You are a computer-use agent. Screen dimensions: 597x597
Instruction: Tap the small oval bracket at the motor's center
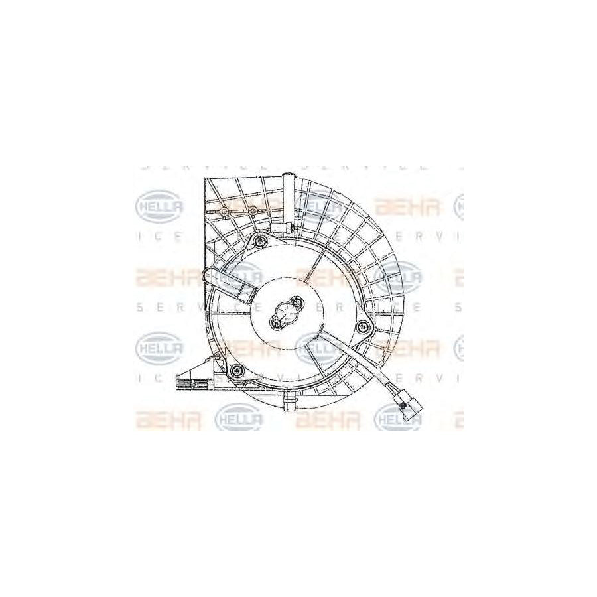point(285,314)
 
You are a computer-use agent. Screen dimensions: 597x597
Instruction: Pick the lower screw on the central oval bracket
point(276,322)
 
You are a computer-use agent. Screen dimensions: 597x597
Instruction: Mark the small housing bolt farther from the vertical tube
point(224,211)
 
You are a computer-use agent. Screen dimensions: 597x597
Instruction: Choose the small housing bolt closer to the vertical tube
point(252,211)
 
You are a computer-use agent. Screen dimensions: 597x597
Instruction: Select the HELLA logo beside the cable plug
point(398,418)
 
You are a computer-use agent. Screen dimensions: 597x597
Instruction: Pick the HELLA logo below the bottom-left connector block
point(239,418)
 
